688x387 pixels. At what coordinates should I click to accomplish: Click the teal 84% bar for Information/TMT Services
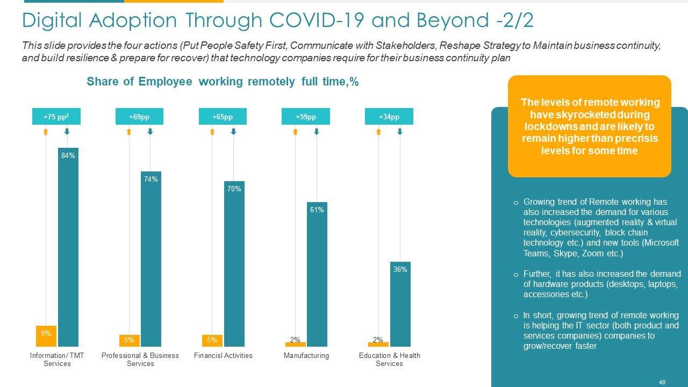coord(68,247)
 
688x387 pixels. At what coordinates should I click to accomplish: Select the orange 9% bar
coord(46,336)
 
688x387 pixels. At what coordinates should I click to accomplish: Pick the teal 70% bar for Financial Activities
coord(234,263)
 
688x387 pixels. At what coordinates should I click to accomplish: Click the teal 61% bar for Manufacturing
coord(317,274)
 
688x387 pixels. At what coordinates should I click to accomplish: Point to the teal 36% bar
coord(400,304)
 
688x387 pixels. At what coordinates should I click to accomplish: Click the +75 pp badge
coord(56,117)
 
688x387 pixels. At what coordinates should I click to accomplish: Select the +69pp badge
coord(139,117)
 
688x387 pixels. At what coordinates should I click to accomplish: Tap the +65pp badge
coord(223,117)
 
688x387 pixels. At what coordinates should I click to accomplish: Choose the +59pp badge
coord(305,117)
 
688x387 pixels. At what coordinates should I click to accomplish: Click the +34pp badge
coord(389,117)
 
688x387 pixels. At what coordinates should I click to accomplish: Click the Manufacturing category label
coord(306,356)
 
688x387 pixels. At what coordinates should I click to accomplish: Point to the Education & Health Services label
coord(389,360)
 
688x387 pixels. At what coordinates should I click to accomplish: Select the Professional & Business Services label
coord(140,360)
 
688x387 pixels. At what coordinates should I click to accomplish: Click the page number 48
coord(662,382)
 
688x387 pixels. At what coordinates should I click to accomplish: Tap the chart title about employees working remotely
coord(223,82)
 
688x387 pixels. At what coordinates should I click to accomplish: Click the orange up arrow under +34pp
coord(378,131)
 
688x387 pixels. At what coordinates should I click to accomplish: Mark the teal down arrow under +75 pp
coord(67,131)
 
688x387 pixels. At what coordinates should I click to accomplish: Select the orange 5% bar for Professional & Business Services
coord(129,340)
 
